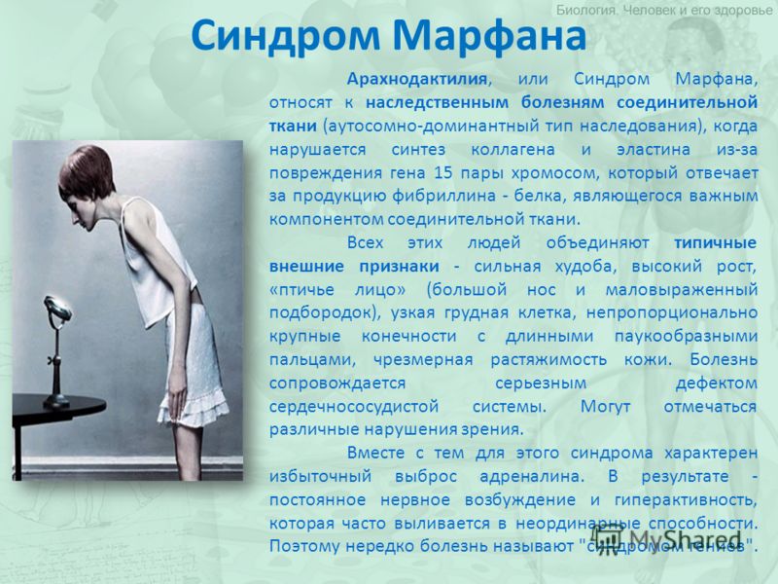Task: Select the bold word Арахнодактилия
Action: click(x=417, y=79)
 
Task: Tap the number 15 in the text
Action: click(x=443, y=173)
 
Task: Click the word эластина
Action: click(x=653, y=150)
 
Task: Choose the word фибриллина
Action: click(x=443, y=197)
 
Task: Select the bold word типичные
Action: click(x=715, y=242)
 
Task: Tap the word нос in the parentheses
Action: click(x=542, y=290)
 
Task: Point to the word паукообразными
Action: click(x=686, y=336)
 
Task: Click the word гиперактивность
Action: click(x=686, y=500)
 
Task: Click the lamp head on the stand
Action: click(x=57, y=308)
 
